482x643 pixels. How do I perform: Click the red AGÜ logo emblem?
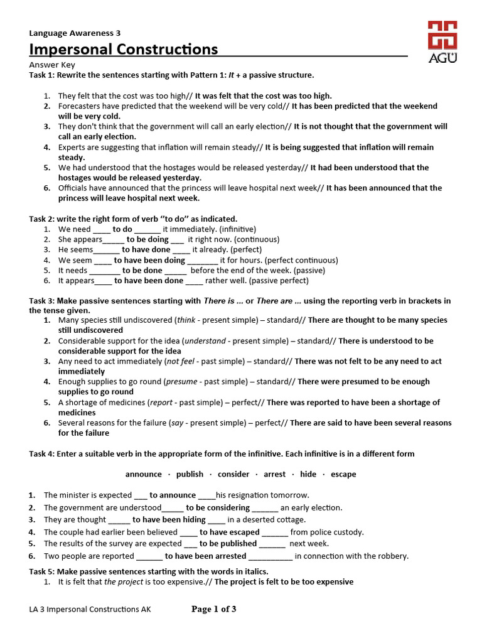(x=442, y=36)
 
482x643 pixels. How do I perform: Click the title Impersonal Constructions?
(x=124, y=50)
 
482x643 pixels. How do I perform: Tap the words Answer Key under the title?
(x=52, y=65)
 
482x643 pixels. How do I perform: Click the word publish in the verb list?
(x=190, y=474)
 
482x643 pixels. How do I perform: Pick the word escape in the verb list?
(x=343, y=474)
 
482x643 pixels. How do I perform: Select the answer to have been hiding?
(x=169, y=519)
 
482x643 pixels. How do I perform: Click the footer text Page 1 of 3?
(x=213, y=609)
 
